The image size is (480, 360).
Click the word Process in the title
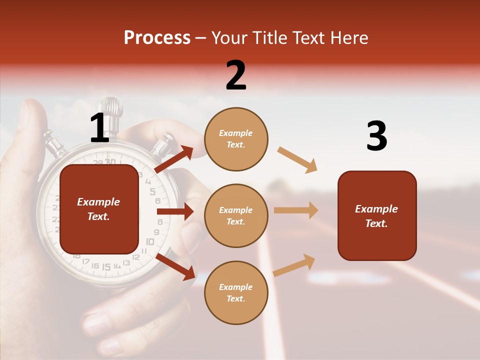pos(157,37)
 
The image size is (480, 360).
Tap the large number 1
pos(99,128)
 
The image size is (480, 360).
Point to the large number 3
pos(376,136)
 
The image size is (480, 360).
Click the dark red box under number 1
pos(99,209)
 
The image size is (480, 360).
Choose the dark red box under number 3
pos(377,215)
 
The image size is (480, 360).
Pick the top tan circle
pos(236,139)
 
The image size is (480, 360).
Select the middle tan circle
pos(236,215)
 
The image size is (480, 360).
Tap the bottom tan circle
pos(236,292)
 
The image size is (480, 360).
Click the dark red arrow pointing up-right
pos(174,159)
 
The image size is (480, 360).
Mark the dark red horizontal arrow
pos(175,211)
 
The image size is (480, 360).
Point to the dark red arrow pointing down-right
pos(175,266)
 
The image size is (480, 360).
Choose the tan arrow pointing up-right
pos(294,265)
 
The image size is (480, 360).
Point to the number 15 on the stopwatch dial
pos(106,267)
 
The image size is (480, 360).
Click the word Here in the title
pos(349,37)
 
